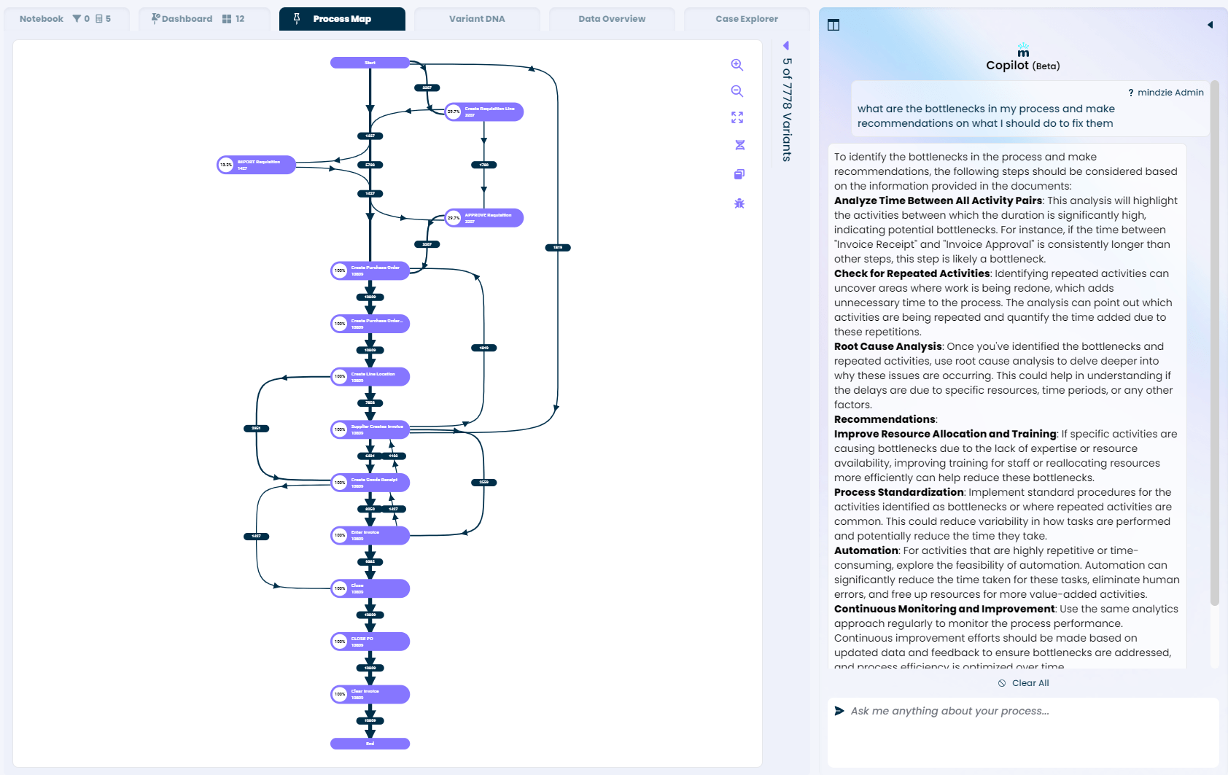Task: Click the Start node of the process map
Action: click(x=370, y=63)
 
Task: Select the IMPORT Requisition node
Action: click(x=257, y=165)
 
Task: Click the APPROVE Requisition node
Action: click(x=485, y=218)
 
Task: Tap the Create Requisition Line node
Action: click(x=485, y=112)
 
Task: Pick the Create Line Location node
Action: click(x=370, y=377)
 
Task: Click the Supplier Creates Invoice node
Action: click(x=370, y=429)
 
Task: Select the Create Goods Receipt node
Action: click(x=370, y=483)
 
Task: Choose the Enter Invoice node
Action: click(x=370, y=535)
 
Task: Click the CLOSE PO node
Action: click(x=370, y=642)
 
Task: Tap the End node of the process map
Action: click(x=370, y=744)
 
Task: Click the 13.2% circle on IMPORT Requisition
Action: click(x=226, y=165)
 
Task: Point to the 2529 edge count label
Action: click(x=483, y=482)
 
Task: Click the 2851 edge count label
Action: click(x=256, y=428)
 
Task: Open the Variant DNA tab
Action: click(x=477, y=19)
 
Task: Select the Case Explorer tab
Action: click(x=747, y=19)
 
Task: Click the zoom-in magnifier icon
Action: click(x=737, y=65)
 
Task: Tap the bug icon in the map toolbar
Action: click(x=739, y=203)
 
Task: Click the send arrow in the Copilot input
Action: click(x=839, y=711)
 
